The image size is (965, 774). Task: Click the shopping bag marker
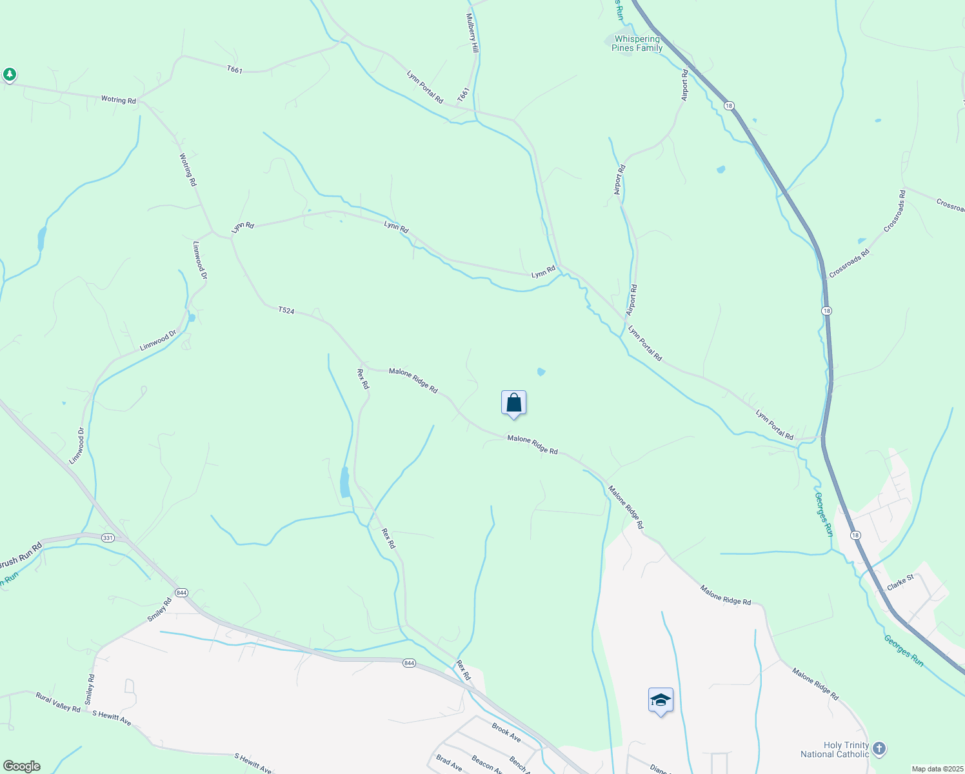[513, 403]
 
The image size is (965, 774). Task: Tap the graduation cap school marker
[661, 700]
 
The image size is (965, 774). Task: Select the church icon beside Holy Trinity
[879, 749]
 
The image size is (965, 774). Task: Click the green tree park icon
[9, 75]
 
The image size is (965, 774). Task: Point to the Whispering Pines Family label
[637, 44]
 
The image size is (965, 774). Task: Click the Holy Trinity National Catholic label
[835, 749]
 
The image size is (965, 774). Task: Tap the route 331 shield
[108, 538]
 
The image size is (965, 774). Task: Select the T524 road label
[286, 311]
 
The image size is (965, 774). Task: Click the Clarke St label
[900, 582]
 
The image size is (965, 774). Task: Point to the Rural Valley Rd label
[58, 702]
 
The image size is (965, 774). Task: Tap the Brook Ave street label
[506, 733]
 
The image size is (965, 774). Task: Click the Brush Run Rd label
[19, 555]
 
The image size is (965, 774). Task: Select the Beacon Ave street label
[487, 764]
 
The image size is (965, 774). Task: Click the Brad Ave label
[449, 763]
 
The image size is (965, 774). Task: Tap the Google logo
[21, 766]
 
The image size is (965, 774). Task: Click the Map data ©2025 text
[937, 769]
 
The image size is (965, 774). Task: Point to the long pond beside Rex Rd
[345, 482]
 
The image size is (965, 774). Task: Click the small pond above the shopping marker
[541, 372]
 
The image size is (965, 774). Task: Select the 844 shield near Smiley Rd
[181, 593]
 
